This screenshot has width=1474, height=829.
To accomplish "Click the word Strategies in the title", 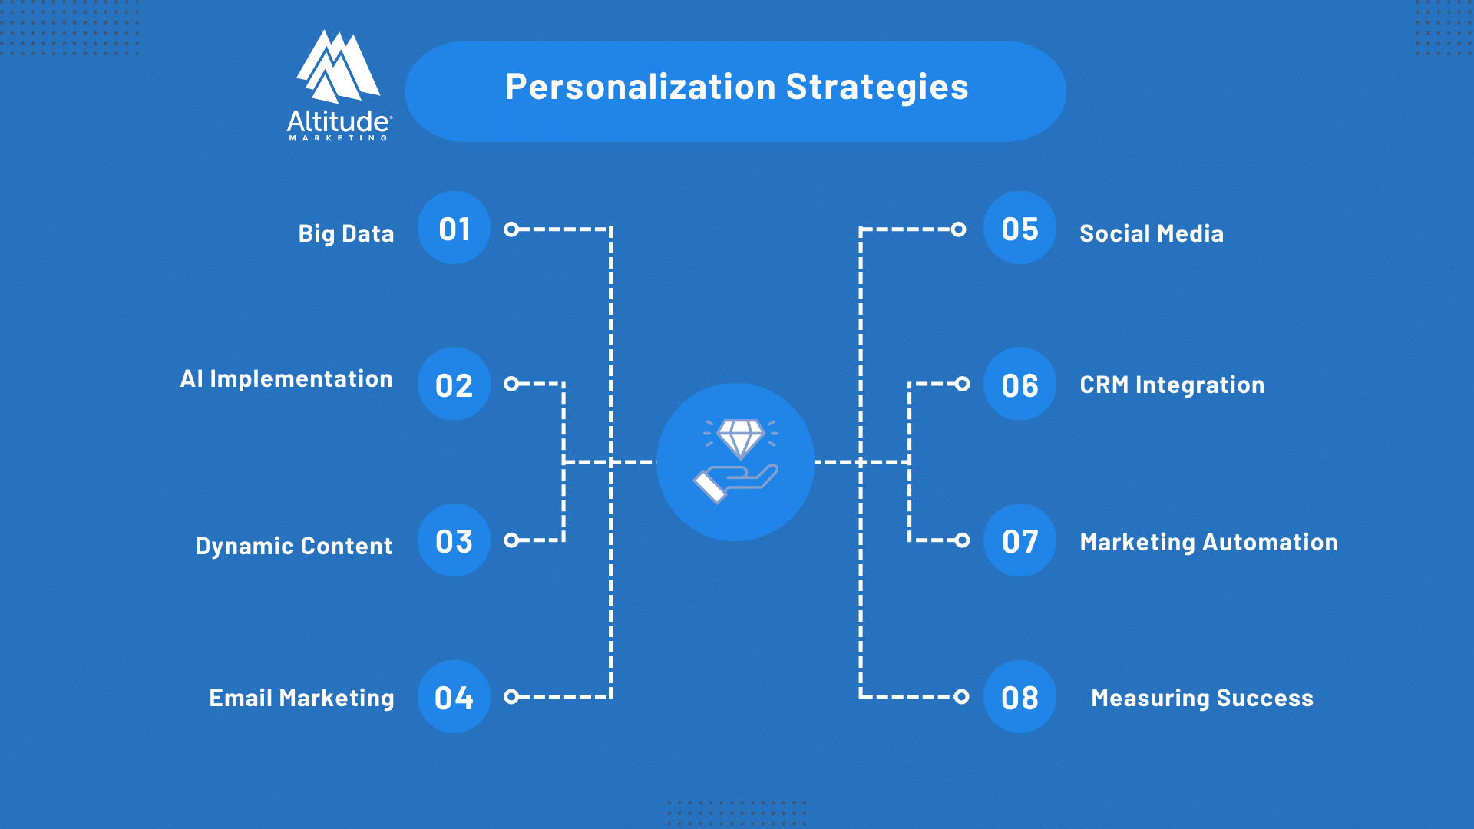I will tap(877, 88).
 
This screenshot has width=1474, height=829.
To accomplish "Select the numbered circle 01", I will tap(454, 228).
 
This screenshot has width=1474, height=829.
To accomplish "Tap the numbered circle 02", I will tap(454, 384).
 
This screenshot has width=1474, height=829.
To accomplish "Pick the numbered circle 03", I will tap(454, 540).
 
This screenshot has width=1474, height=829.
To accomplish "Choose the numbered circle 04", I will tap(454, 696).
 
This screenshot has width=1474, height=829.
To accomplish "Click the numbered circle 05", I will tap(1020, 228).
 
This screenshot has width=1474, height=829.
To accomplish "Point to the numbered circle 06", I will tap(1020, 384).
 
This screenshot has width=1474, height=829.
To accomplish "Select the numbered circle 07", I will tap(1020, 540).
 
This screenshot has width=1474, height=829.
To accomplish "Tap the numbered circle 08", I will tap(1020, 696).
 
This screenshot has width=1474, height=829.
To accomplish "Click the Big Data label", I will tap(345, 233).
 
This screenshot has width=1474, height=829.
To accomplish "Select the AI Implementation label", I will tap(286, 379).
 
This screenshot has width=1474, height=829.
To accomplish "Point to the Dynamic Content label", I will tap(294, 546).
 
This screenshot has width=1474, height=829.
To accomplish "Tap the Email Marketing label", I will tap(302, 698).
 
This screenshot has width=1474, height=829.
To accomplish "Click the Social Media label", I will tap(1152, 233).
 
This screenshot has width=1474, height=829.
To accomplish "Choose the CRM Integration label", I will tap(1172, 385).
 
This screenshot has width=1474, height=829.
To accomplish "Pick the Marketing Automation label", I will tap(1208, 542).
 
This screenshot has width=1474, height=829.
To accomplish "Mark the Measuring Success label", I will tap(1202, 698).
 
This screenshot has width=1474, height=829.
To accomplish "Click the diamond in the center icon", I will tap(740, 437).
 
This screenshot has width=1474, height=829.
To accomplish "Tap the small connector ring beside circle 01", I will tap(511, 229).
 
